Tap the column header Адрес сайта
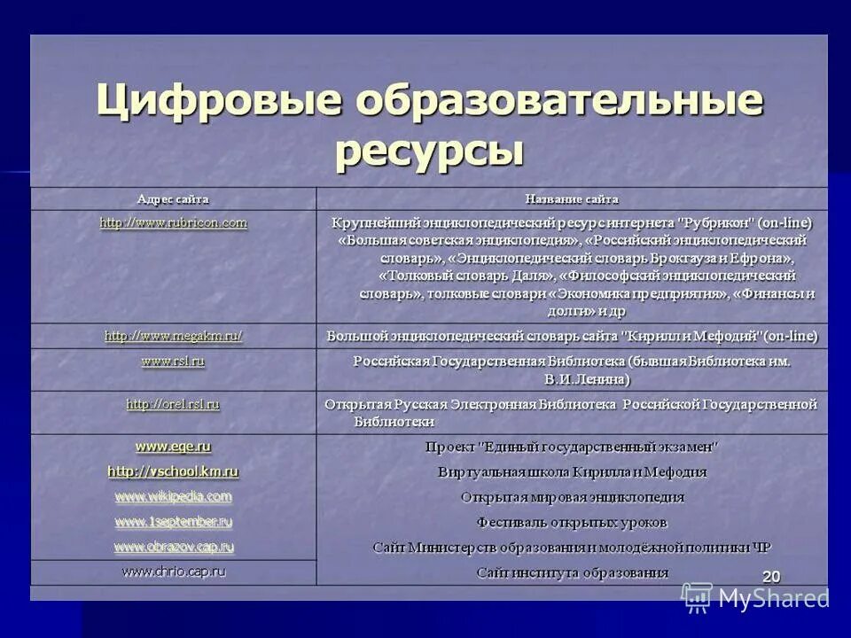pyautogui.click(x=173, y=199)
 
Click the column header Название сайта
pyautogui.click(x=572, y=199)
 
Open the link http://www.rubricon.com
pyautogui.click(x=173, y=223)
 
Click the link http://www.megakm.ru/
pyautogui.click(x=173, y=337)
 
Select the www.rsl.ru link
pyautogui.click(x=173, y=362)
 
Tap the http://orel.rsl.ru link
pyautogui.click(x=173, y=404)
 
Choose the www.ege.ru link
pyautogui.click(x=173, y=447)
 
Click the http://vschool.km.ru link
pyautogui.click(x=173, y=471)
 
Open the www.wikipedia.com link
pyautogui.click(x=173, y=496)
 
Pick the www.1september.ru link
pyautogui.click(x=173, y=522)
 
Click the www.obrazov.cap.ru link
pyautogui.click(x=173, y=547)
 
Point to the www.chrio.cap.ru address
pyautogui.click(x=173, y=572)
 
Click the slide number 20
pyautogui.click(x=771, y=577)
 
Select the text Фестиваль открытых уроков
pyautogui.click(x=572, y=523)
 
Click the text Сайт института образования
pyautogui.click(x=572, y=572)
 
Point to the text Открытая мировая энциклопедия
pyautogui.click(x=572, y=497)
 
